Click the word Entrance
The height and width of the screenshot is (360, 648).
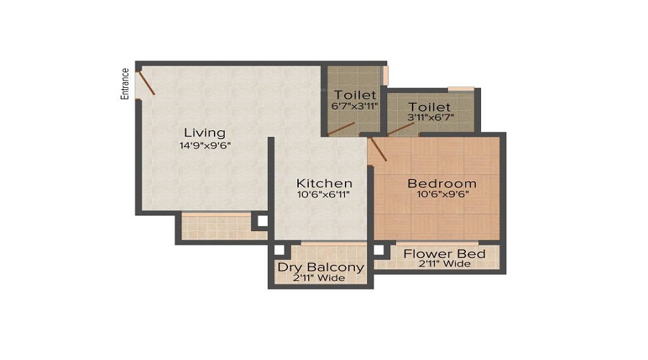point(125,83)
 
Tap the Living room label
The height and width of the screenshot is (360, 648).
point(204,132)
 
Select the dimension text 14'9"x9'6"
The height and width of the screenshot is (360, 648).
point(205,145)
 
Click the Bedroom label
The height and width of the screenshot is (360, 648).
point(442,183)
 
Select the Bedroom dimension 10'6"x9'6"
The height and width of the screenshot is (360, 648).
point(441,194)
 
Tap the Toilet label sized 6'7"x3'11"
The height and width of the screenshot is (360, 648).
point(355,95)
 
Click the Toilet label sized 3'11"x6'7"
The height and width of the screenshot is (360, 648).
point(429,107)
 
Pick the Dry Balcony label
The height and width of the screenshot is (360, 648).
point(321,268)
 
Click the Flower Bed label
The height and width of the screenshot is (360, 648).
point(444,253)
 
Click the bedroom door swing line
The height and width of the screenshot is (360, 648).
point(377,150)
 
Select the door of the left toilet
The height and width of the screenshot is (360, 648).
point(341,129)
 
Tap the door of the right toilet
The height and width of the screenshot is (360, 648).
point(401,128)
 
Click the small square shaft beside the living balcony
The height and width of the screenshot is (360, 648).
point(261,222)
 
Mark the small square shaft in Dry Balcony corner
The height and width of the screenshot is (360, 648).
point(280,251)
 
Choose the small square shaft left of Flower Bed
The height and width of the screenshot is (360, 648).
point(379,251)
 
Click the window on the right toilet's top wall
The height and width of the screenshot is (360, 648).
point(461,89)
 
